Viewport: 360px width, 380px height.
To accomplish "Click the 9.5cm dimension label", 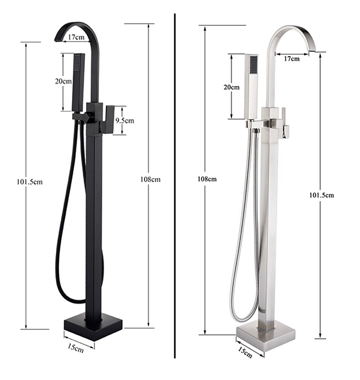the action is pyautogui.click(x=125, y=120).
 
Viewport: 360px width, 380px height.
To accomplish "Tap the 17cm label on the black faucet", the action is pyautogui.click(x=76, y=37).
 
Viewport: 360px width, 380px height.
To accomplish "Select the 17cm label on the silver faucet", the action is pyautogui.click(x=292, y=59).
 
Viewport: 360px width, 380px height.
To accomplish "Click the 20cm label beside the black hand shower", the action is pyautogui.click(x=64, y=81).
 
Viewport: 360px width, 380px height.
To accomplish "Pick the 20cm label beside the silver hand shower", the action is pyautogui.click(x=231, y=87).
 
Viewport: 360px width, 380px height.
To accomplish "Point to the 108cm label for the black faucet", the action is pyautogui.click(x=150, y=179).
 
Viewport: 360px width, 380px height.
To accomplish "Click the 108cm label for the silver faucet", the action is pyautogui.click(x=207, y=179).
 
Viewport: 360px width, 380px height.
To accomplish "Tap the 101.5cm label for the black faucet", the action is pyautogui.click(x=30, y=182).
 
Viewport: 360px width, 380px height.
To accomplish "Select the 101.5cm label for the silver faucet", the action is pyautogui.click(x=321, y=195).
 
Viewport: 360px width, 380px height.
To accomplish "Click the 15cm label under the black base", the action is pyautogui.click(x=76, y=348).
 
